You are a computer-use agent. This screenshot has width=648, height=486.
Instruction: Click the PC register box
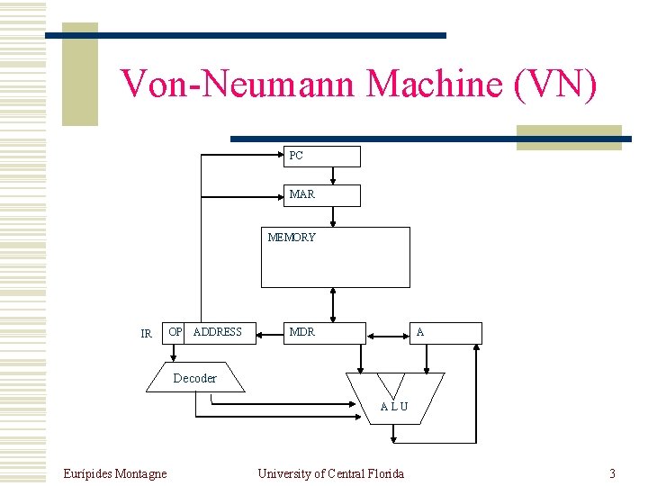323,157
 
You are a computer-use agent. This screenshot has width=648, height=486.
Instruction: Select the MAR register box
323,195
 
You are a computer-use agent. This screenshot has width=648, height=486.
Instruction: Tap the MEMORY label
292,238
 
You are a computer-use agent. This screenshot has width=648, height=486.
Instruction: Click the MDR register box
325,333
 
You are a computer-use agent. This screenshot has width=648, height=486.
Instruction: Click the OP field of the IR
175,333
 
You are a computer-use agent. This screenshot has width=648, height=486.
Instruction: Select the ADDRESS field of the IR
220,333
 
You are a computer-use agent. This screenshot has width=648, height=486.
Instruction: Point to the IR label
147,334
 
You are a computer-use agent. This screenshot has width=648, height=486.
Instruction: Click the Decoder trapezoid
195,378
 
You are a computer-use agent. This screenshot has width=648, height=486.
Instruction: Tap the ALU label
393,406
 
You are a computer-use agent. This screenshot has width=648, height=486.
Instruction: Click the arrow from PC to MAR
334,175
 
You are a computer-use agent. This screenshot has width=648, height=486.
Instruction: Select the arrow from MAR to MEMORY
334,217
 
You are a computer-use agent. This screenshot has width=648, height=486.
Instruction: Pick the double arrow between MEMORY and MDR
334,305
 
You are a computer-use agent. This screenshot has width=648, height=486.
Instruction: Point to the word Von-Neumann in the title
238,84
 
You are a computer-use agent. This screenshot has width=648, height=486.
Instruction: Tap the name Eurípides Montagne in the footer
115,473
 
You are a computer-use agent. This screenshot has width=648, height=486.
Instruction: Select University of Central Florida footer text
330,473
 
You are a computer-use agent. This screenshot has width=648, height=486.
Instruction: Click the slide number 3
612,473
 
